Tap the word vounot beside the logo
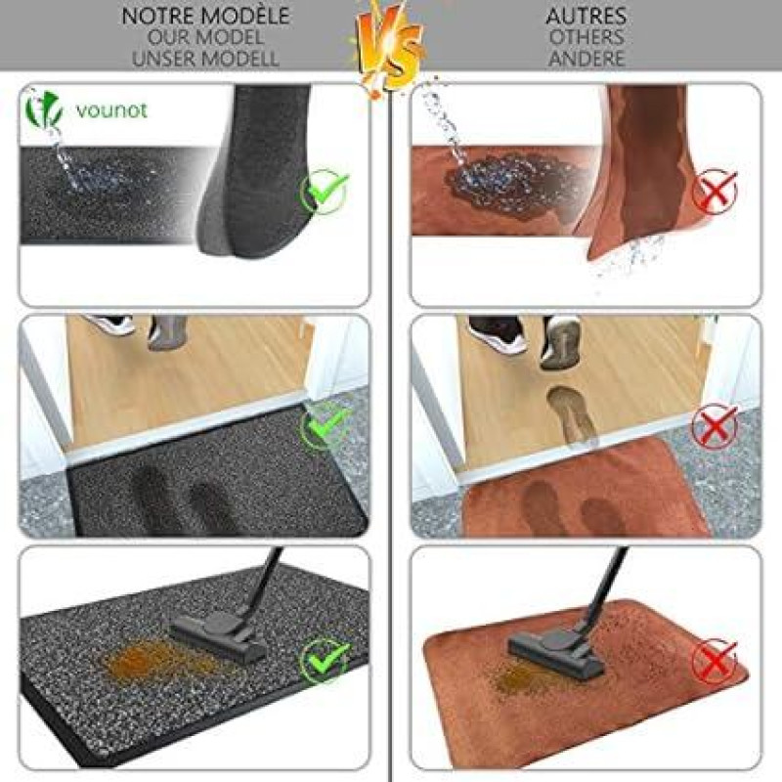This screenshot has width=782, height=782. click(x=111, y=110)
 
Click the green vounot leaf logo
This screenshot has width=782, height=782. click(x=44, y=109)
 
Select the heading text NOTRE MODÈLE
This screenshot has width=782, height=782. click(x=205, y=16)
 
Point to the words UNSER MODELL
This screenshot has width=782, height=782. click(x=205, y=59)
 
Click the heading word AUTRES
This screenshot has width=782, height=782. click(x=586, y=16)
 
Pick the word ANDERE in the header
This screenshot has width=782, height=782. click(x=586, y=59)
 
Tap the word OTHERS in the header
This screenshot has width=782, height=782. click(x=586, y=37)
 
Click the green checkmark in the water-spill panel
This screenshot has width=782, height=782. click(x=325, y=192)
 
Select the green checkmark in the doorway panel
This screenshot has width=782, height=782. click(x=325, y=425)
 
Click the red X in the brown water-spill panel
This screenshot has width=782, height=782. click(x=715, y=191)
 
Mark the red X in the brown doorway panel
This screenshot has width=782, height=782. click(x=715, y=425)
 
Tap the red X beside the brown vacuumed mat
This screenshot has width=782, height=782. click(x=715, y=661)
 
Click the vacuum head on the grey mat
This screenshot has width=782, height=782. click(x=218, y=637)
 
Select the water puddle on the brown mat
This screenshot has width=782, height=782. click(x=516, y=187)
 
